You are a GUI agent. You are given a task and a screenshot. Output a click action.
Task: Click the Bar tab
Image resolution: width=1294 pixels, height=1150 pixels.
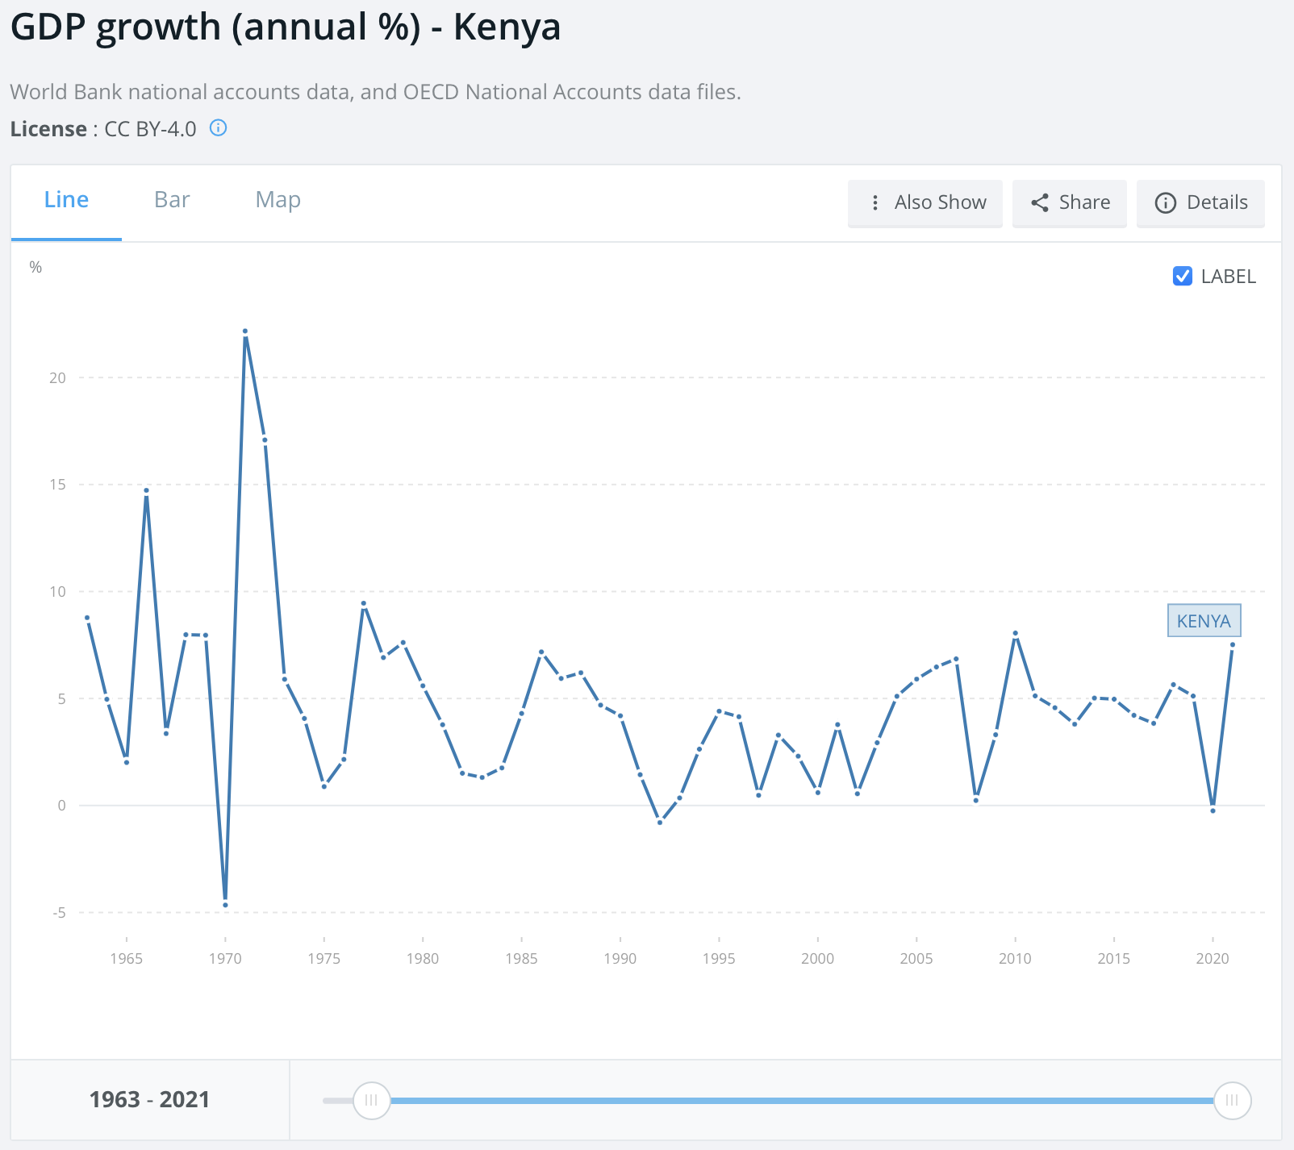click(x=172, y=200)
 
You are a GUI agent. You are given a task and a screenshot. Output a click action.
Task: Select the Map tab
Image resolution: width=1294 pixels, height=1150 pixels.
click(x=278, y=200)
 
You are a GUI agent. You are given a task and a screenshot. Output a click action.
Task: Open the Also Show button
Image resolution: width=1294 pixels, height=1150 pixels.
click(x=925, y=202)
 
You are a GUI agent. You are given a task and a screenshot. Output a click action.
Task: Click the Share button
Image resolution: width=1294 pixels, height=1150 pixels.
click(x=1070, y=202)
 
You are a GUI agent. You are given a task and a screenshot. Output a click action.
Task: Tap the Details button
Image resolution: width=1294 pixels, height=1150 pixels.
click(x=1200, y=202)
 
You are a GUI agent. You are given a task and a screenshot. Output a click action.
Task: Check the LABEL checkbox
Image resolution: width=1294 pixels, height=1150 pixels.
click(x=1183, y=276)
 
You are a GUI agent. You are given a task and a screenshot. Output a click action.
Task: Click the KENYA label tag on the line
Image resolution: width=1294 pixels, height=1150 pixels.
click(x=1204, y=621)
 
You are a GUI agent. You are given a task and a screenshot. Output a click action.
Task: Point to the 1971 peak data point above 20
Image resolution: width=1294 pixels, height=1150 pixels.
click(x=245, y=331)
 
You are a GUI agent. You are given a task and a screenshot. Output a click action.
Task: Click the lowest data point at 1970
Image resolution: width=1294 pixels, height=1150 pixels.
click(x=225, y=905)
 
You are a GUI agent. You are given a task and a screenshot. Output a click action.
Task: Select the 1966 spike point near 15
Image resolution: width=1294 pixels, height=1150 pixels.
click(x=146, y=490)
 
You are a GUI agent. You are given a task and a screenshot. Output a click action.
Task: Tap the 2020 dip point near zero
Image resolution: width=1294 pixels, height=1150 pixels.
click(x=1213, y=810)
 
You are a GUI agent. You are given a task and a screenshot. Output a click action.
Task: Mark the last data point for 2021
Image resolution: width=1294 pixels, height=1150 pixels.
click(x=1233, y=645)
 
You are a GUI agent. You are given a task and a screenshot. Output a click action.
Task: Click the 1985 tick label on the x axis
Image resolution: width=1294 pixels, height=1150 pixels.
click(x=521, y=958)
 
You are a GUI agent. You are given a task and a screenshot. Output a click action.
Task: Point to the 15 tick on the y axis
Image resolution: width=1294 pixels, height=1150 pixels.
click(x=57, y=485)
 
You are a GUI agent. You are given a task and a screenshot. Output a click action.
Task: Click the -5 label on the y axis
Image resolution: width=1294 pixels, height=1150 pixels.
click(x=59, y=913)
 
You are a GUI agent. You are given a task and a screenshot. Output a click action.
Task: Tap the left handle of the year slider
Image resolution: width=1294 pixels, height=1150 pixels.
click(x=371, y=1100)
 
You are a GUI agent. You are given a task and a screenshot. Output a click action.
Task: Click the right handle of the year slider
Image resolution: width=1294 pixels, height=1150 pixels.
click(x=1232, y=1100)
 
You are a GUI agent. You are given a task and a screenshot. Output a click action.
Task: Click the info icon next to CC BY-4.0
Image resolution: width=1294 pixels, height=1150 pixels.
click(x=219, y=127)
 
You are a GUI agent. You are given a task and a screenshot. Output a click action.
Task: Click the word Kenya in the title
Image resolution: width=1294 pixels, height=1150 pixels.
click(x=507, y=27)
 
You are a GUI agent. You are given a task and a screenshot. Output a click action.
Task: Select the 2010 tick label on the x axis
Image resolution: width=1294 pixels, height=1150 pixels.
click(x=1015, y=958)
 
